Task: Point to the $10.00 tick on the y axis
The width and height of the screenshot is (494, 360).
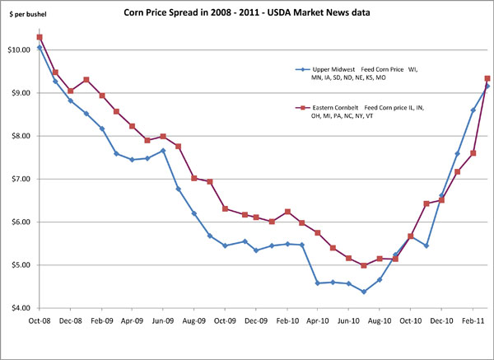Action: click(x=19, y=50)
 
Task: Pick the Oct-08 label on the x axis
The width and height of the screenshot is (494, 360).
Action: click(x=40, y=317)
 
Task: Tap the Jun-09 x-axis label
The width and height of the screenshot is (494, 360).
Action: click(x=164, y=317)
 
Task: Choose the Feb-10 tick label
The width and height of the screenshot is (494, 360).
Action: click(x=287, y=317)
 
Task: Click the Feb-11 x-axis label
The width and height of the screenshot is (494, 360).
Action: click(x=473, y=317)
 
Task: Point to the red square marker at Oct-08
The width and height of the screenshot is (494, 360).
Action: click(x=40, y=37)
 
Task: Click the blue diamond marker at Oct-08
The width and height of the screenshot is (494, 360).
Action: click(x=40, y=48)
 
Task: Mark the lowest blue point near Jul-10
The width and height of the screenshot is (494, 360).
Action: click(x=364, y=292)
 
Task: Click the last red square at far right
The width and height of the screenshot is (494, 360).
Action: click(x=488, y=78)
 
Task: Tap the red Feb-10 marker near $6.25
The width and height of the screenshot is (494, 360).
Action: click(x=287, y=212)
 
